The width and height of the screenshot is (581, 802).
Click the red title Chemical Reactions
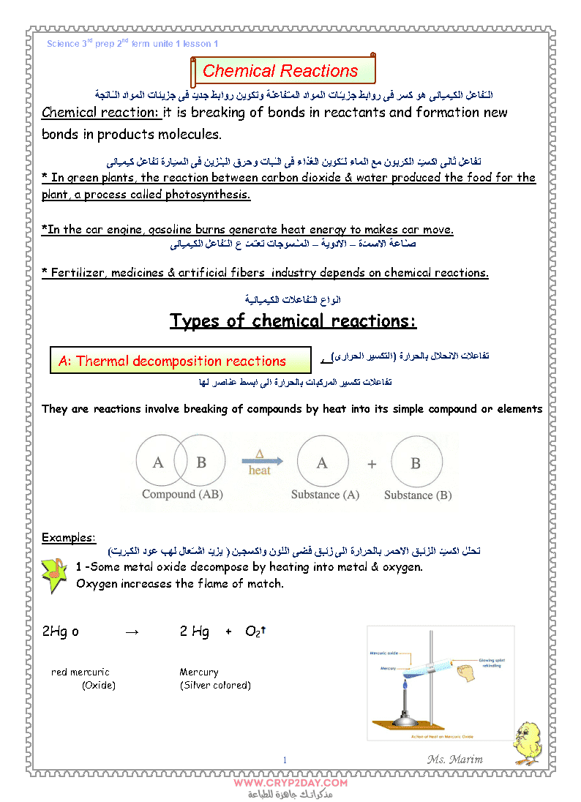(280, 71)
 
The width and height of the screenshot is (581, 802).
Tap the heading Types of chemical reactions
(293, 321)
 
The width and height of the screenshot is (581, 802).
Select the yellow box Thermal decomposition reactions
(172, 361)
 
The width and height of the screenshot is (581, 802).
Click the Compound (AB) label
(182, 494)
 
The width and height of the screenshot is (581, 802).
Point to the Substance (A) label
(325, 495)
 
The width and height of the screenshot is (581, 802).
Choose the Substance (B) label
(418, 495)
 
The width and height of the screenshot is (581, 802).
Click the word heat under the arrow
(259, 471)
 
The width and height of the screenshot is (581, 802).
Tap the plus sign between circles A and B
(372, 464)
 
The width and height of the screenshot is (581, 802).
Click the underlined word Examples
(68, 538)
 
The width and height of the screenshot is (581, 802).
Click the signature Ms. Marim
(454, 759)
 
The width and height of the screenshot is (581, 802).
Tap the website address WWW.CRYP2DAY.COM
(290, 782)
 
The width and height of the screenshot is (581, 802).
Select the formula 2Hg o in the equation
(60, 632)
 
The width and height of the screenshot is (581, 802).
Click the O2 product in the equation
(253, 632)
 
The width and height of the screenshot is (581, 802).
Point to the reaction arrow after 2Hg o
(132, 632)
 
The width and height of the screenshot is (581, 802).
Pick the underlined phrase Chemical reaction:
(100, 113)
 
